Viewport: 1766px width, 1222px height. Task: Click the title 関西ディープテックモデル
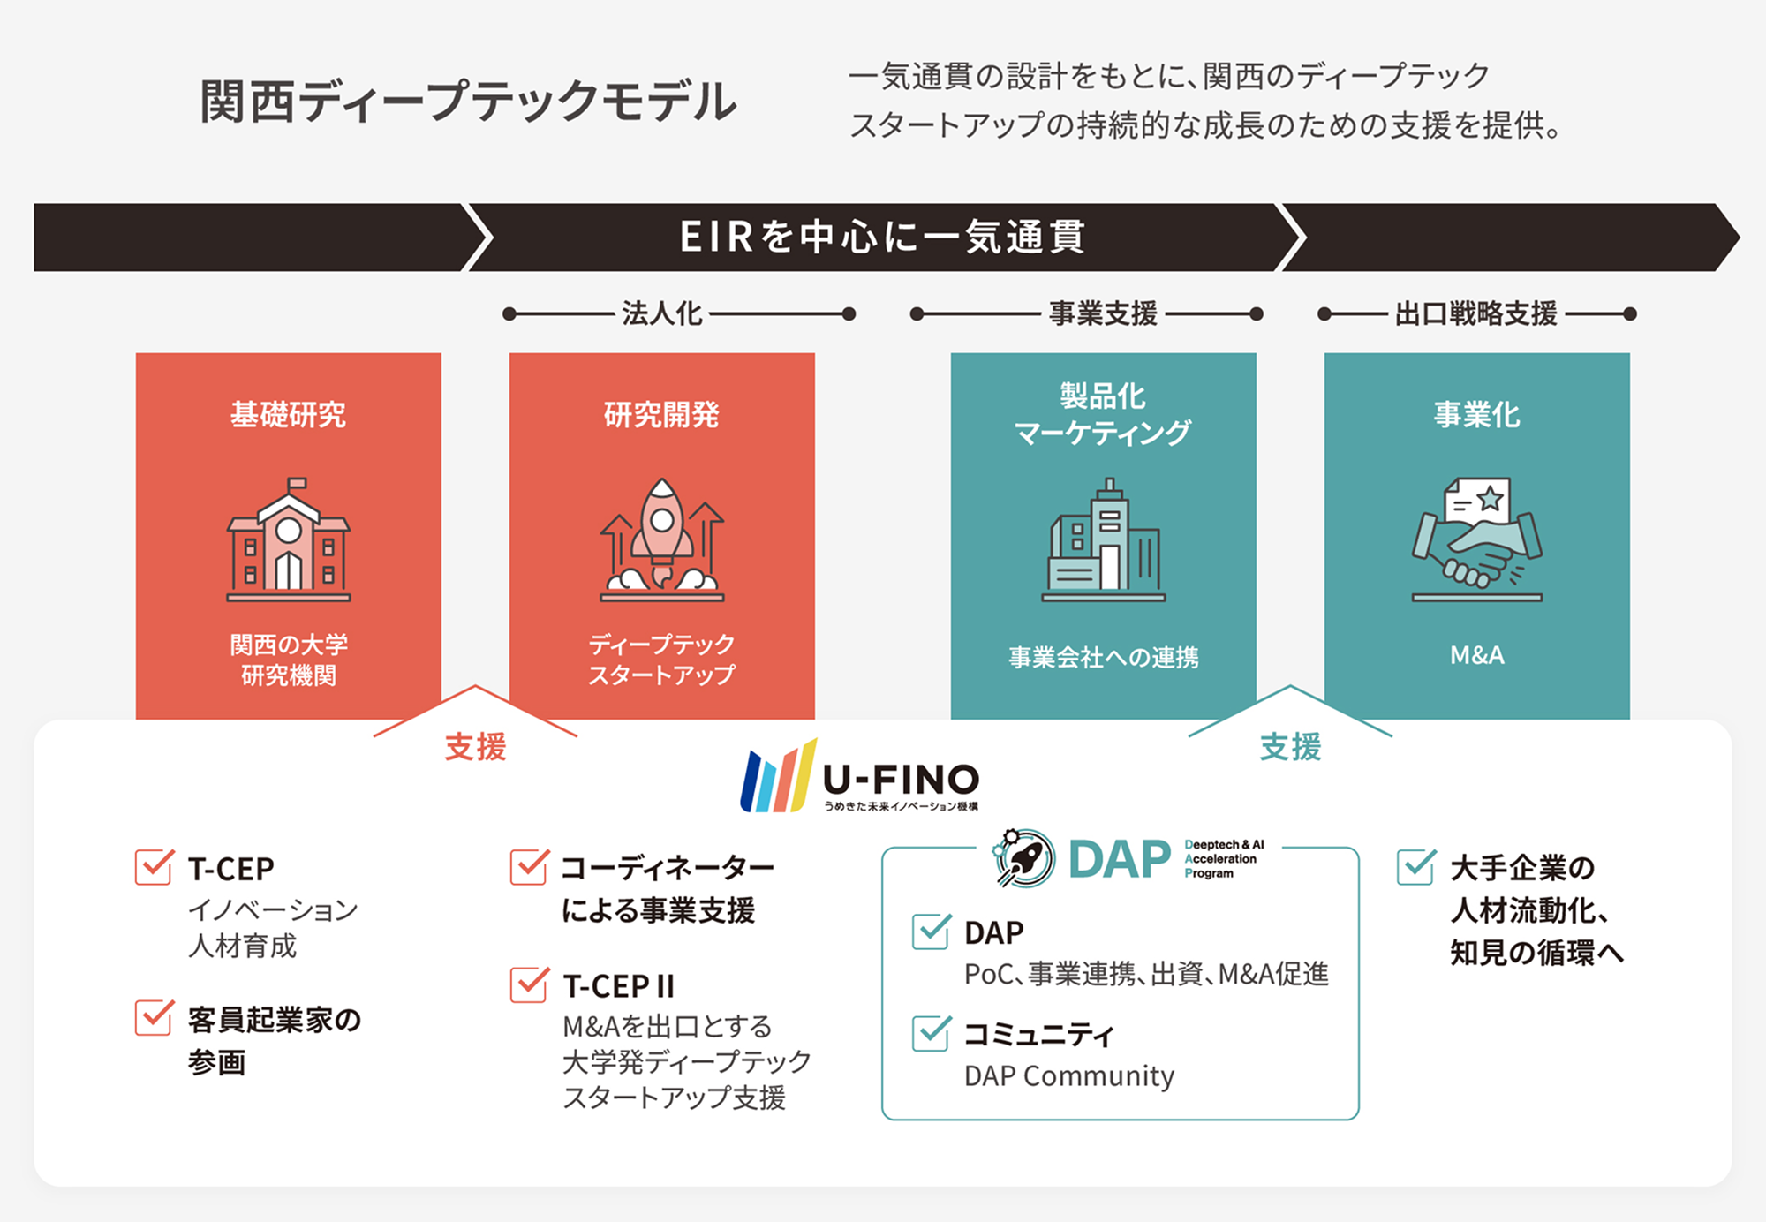(x=468, y=101)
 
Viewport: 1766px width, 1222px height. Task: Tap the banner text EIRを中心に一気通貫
(x=882, y=237)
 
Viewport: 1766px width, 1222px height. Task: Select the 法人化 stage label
(x=662, y=313)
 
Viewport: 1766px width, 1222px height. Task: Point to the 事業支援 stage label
(x=1103, y=313)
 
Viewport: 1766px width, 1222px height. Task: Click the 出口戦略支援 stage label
(x=1476, y=313)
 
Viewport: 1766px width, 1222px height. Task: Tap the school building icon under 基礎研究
(x=289, y=539)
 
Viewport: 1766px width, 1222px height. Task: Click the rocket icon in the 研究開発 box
(x=662, y=539)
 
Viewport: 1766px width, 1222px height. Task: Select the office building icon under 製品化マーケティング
(x=1104, y=539)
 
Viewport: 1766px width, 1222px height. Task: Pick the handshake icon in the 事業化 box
(x=1477, y=539)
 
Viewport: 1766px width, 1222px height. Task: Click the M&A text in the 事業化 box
(x=1477, y=655)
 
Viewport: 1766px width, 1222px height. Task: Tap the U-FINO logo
(x=860, y=776)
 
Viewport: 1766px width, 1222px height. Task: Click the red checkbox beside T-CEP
(x=155, y=866)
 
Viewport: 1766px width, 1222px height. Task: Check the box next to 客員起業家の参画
(x=155, y=1017)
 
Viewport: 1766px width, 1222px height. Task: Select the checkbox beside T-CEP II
(x=529, y=984)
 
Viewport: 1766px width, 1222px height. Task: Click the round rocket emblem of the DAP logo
(x=1024, y=857)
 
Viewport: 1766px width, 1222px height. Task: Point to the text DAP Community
(x=1069, y=1075)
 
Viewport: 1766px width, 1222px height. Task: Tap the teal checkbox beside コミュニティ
(x=932, y=1032)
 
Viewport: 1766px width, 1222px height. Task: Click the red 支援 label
(x=475, y=747)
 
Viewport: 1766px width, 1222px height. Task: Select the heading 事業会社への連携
(x=1104, y=657)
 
